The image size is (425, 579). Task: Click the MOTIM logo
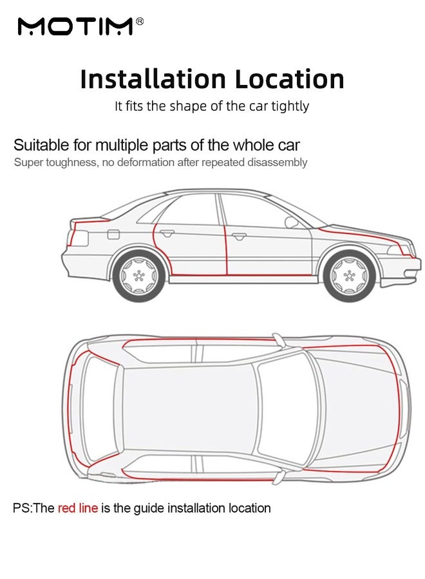[x=75, y=26]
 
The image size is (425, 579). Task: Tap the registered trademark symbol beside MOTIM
[x=140, y=21]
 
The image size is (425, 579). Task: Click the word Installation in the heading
[x=153, y=78]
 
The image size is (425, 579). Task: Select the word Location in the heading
[x=289, y=78]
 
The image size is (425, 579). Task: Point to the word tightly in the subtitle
[x=290, y=106]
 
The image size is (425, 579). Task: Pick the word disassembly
[x=277, y=163]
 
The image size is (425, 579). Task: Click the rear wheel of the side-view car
[x=138, y=275]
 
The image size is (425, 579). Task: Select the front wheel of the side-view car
[x=349, y=275]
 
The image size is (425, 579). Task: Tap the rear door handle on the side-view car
[x=167, y=233]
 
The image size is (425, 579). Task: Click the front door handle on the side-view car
[x=239, y=236]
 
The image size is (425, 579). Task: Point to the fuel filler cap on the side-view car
[x=113, y=234]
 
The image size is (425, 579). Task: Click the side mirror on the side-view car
[x=291, y=221]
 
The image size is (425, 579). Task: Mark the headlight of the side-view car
[x=399, y=249]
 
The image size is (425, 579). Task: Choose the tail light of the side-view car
[x=79, y=238]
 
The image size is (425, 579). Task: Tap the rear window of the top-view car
[x=100, y=409]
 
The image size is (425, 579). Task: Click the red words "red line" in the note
[x=78, y=508]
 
